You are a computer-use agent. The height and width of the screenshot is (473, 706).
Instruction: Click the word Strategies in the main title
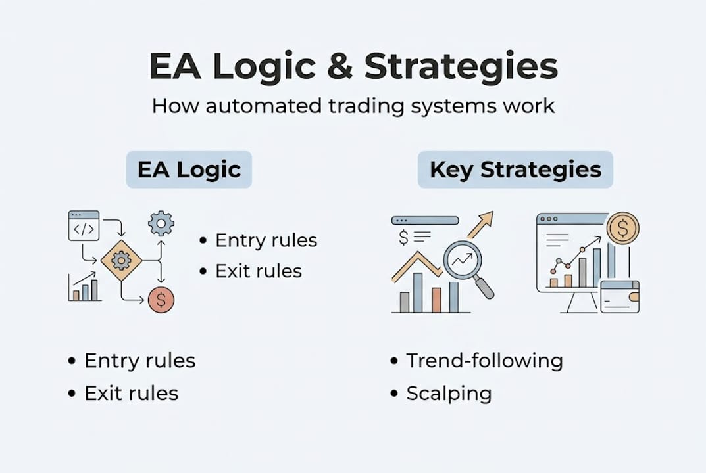click(461, 66)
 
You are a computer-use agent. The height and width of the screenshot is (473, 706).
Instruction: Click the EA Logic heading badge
click(189, 169)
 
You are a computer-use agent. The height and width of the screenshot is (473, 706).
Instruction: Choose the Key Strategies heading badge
click(515, 169)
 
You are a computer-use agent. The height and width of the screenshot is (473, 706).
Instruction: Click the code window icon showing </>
click(84, 226)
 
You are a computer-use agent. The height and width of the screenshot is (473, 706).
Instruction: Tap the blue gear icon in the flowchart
click(161, 223)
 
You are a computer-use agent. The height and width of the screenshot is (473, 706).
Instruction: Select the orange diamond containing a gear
click(121, 261)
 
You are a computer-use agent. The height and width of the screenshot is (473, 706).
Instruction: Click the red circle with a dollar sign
click(161, 300)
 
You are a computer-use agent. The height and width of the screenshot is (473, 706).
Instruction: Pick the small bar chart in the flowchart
click(85, 288)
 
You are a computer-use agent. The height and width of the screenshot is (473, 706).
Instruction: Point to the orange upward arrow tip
click(488, 216)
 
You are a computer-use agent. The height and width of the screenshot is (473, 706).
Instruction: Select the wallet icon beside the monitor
click(619, 296)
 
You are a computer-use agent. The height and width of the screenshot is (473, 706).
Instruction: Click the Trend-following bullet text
click(484, 361)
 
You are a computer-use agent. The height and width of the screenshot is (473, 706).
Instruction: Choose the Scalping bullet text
click(449, 394)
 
